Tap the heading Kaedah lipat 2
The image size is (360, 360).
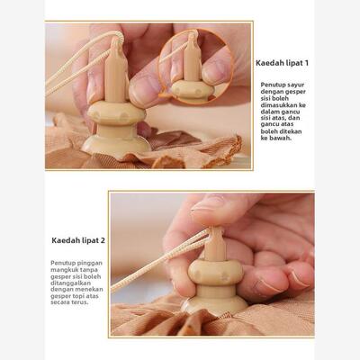point(78,240)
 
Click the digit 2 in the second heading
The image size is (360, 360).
point(102,240)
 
